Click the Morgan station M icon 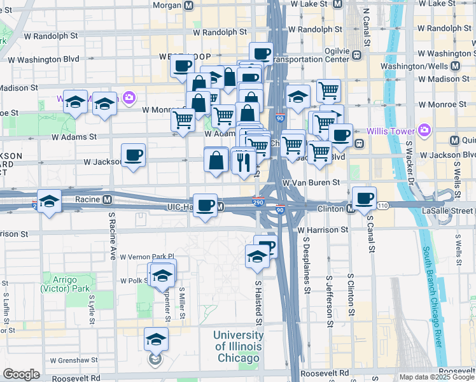pos(188,5)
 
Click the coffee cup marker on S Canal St pos(363,198)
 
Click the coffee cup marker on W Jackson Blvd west pos(134,155)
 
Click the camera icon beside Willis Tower pos(425,132)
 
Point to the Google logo pos(21,374)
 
